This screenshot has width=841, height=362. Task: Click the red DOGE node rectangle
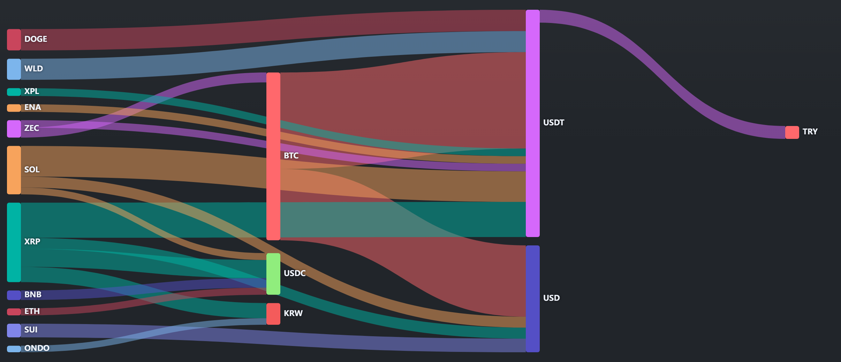click(14, 40)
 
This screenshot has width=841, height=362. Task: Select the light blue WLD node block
click(14, 69)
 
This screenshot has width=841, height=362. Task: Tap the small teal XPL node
click(14, 92)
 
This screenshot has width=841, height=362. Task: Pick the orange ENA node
click(14, 108)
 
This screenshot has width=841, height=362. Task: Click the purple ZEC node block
click(14, 129)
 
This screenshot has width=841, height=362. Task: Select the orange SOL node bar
click(14, 170)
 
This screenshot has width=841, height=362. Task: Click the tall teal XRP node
click(14, 242)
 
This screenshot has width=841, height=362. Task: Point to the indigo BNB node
click(14, 295)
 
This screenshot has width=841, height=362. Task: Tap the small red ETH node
click(14, 312)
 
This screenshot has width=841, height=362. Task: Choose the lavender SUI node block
click(14, 330)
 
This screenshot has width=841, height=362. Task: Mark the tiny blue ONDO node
click(14, 349)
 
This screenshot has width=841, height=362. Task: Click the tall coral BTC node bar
click(273, 156)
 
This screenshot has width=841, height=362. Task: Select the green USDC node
click(273, 274)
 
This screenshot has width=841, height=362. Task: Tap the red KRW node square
click(273, 314)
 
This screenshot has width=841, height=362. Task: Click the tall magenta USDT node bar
click(533, 123)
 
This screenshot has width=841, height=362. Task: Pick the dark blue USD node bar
click(533, 299)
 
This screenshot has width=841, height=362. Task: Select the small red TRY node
click(792, 132)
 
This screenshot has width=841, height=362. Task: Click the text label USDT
click(554, 123)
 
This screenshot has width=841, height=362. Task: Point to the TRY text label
click(810, 132)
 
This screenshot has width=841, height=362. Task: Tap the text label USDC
click(295, 273)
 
